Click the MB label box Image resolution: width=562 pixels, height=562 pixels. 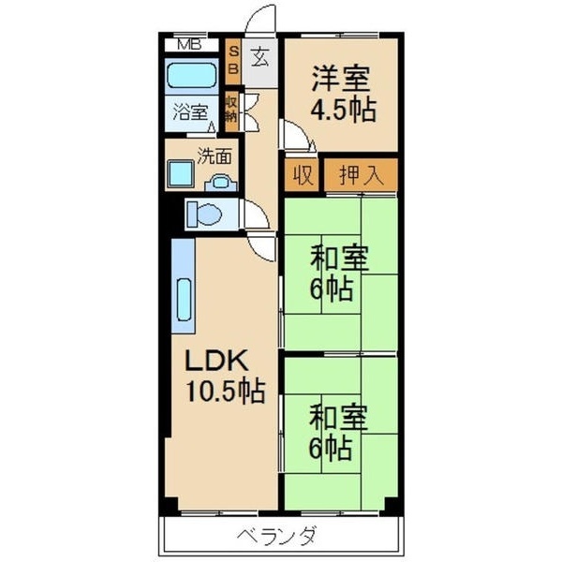(x=189, y=44)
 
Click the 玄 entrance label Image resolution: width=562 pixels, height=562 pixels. (x=259, y=57)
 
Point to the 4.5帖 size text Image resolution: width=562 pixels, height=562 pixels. (x=344, y=110)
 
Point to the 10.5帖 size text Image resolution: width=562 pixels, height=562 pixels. (x=222, y=391)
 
